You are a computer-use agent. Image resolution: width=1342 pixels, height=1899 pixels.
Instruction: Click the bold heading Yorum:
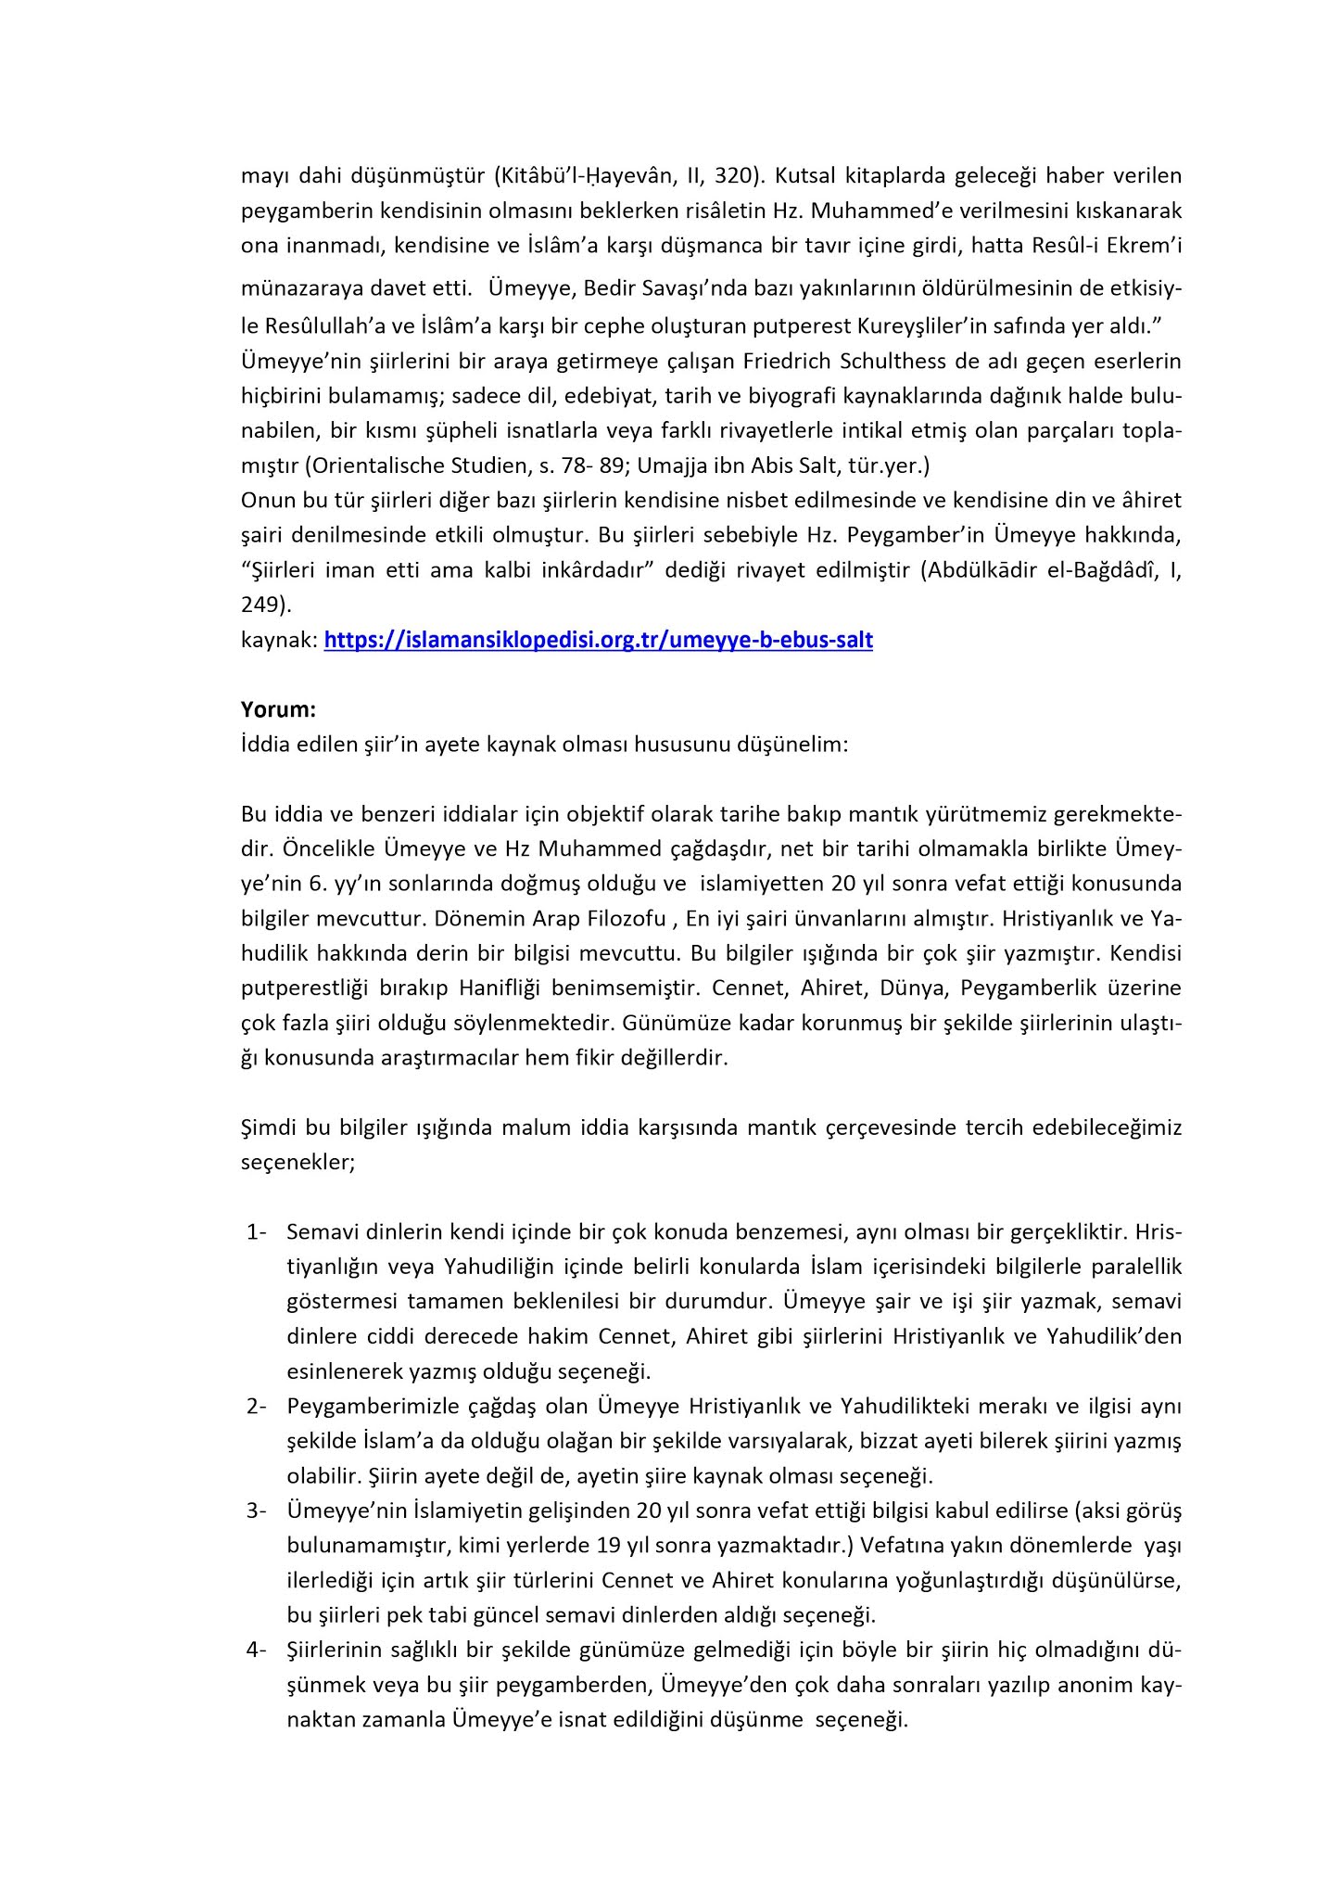point(278,710)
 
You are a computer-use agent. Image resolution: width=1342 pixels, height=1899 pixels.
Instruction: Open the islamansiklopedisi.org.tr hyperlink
point(598,640)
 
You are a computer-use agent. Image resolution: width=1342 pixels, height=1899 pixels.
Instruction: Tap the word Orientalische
point(381,465)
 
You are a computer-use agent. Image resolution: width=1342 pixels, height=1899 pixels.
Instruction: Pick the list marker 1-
point(257,1232)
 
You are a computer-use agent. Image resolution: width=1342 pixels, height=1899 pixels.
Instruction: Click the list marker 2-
point(257,1407)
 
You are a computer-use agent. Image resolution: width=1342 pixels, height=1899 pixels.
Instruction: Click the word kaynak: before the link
point(279,640)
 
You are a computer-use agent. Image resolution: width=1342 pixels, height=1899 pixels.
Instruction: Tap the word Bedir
point(613,288)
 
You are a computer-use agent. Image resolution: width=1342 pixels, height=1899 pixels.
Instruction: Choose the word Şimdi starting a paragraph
point(269,1128)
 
